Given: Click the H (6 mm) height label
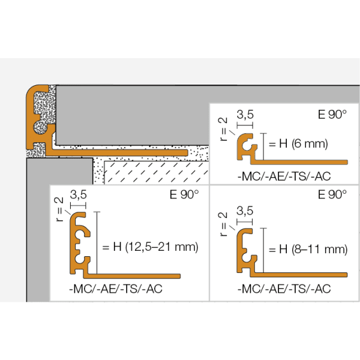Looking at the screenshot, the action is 303,144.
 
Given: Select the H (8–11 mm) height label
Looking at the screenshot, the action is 313,250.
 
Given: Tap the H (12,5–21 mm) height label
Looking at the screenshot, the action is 155,247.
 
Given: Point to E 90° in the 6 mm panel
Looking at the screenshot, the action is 332,115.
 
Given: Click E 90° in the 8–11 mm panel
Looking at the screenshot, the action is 332,194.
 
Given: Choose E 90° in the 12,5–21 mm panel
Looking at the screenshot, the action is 184,194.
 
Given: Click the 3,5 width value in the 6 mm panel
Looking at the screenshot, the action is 245,115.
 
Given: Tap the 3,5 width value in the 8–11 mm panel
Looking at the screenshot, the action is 245,211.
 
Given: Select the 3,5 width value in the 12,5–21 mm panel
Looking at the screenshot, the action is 78,194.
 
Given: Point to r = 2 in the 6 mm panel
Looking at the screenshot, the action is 223,129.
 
